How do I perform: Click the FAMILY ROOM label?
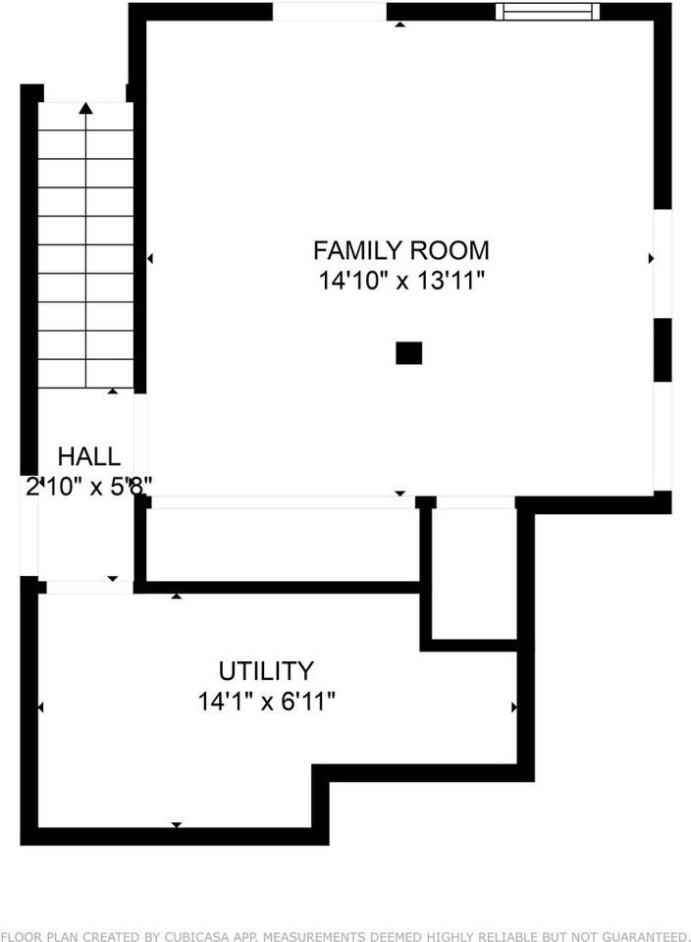pos(400,249)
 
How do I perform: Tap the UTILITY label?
pos(266,671)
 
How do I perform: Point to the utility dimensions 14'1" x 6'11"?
pos(266,702)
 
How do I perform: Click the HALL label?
pos(89,456)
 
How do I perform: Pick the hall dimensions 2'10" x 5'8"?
pos(89,487)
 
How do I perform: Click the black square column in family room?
pos(408,353)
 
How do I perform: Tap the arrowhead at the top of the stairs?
pos(86,108)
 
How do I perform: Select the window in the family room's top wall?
pos(548,12)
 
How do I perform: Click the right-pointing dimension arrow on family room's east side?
pos(651,258)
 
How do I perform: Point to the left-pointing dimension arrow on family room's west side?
pos(149,258)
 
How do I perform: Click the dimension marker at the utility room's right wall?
pos(514,706)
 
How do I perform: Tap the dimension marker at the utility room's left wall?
pos(41,706)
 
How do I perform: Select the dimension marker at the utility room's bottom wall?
pos(177,825)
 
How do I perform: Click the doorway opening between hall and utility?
pos(89,587)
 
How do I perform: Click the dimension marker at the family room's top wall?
pos(399,24)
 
